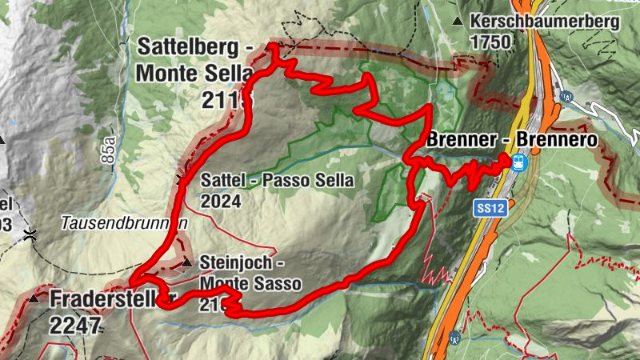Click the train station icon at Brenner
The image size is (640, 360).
pos(518,162)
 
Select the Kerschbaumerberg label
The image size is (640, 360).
pos(545,22)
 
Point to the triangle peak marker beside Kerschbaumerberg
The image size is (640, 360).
pos(457,21)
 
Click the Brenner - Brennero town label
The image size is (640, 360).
pos(513,140)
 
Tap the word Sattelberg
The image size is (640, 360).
pos(190,46)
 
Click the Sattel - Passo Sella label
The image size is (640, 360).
pos(277,180)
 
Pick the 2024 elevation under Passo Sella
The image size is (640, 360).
pos(221,201)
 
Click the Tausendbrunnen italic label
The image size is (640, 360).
pos(124,225)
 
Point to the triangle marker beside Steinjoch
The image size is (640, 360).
pos(186,262)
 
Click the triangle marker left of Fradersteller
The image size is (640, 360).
pos(34,298)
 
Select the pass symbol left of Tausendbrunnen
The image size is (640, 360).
pos(30,234)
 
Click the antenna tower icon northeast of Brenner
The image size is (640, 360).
pos(567,98)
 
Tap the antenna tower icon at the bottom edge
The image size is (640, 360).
pos(454,337)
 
